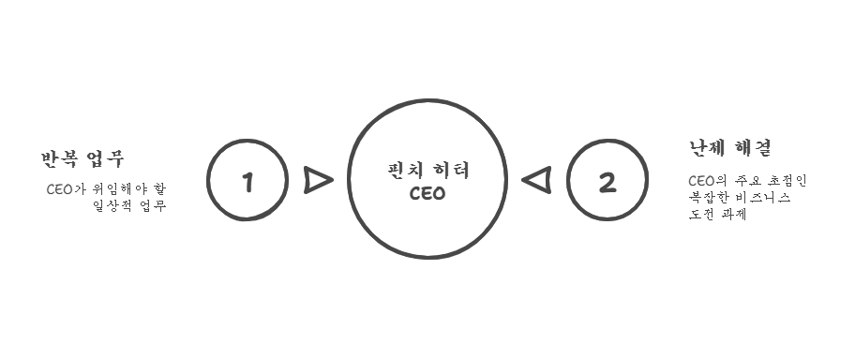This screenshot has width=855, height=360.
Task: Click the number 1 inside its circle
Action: point(247,181)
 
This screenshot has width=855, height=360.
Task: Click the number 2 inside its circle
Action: point(607,182)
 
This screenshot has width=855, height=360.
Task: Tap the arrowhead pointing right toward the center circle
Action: point(318,180)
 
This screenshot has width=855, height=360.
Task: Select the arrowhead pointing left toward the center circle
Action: point(536,179)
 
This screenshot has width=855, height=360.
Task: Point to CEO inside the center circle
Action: point(427,194)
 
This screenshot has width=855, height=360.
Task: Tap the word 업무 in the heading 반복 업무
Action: point(104,158)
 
